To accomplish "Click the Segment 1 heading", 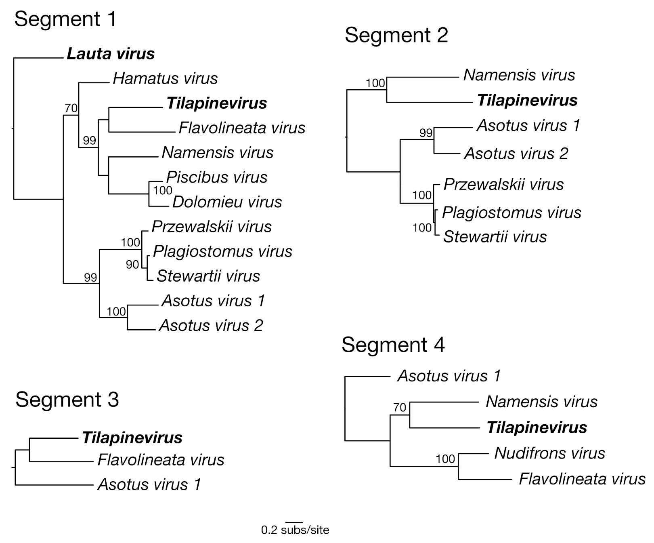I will [x=65, y=19].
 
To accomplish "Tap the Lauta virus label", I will [x=111, y=54].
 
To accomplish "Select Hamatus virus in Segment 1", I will [x=165, y=78].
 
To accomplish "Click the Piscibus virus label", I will [x=217, y=177].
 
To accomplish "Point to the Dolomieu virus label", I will [x=227, y=202].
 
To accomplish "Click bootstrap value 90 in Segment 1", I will [x=132, y=265].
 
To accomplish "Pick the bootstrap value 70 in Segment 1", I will [x=71, y=108].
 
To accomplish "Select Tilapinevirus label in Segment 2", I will [x=527, y=100].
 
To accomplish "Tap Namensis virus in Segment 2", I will [x=519, y=75].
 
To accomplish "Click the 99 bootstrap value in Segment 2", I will [x=426, y=133].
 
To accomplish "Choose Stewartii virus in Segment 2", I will [x=495, y=237].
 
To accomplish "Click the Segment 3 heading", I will [x=67, y=400].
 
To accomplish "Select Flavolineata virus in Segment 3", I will [x=161, y=460].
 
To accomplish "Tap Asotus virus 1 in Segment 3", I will [x=149, y=484].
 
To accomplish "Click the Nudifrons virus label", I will [x=549, y=453].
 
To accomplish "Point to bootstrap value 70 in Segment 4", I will [x=400, y=407].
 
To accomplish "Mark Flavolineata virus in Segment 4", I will [x=582, y=479].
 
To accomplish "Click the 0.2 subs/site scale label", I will [x=295, y=530].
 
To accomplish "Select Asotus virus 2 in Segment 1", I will [x=211, y=326].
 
